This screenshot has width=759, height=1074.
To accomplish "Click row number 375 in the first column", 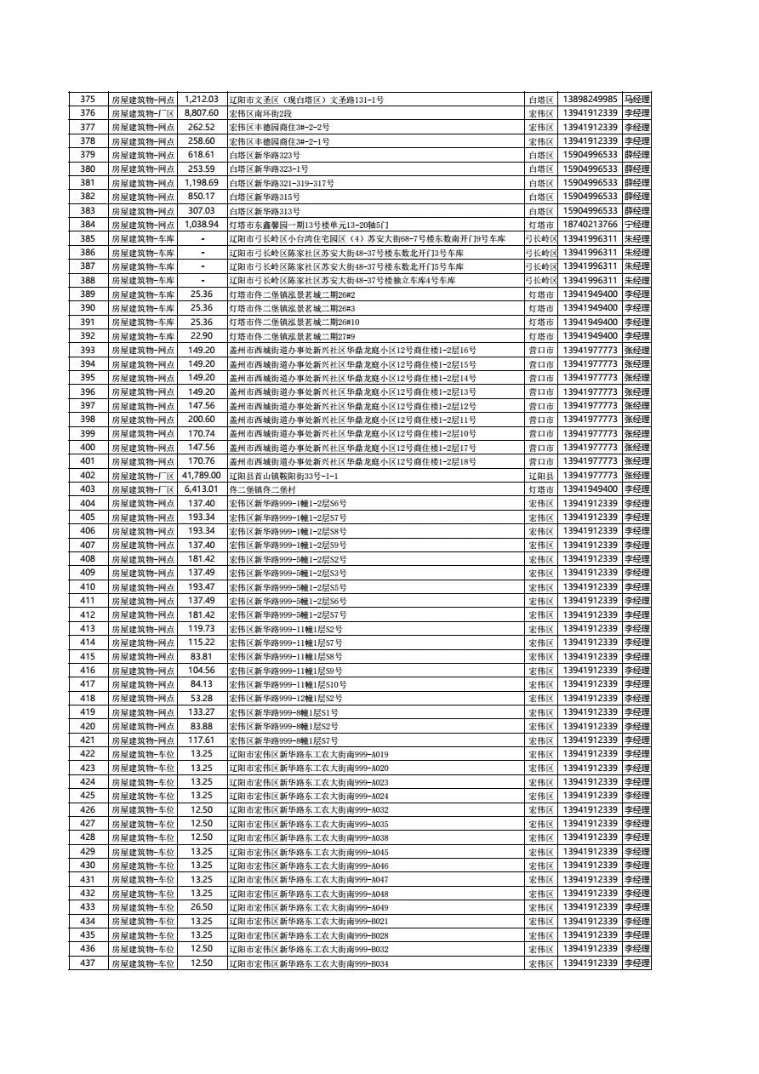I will [87, 100].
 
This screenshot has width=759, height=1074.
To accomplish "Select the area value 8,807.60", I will [202, 113].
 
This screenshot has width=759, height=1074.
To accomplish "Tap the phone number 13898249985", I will [590, 100].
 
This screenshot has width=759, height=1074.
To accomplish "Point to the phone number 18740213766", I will [590, 225].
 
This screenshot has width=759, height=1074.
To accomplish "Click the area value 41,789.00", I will [202, 476].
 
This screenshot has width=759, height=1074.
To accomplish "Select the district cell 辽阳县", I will [541, 476].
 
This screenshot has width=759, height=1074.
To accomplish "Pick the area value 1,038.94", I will [202, 225].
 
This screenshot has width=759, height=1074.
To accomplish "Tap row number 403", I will [87, 489].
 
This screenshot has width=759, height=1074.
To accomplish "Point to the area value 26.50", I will [202, 907].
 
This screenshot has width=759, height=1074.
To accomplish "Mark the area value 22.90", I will [202, 336].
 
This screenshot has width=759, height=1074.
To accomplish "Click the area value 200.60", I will [202, 420].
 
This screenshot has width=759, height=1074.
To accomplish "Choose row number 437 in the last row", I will [87, 963].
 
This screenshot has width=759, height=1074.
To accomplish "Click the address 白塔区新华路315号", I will [265, 197].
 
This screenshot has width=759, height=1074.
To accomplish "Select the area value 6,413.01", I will [202, 489].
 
